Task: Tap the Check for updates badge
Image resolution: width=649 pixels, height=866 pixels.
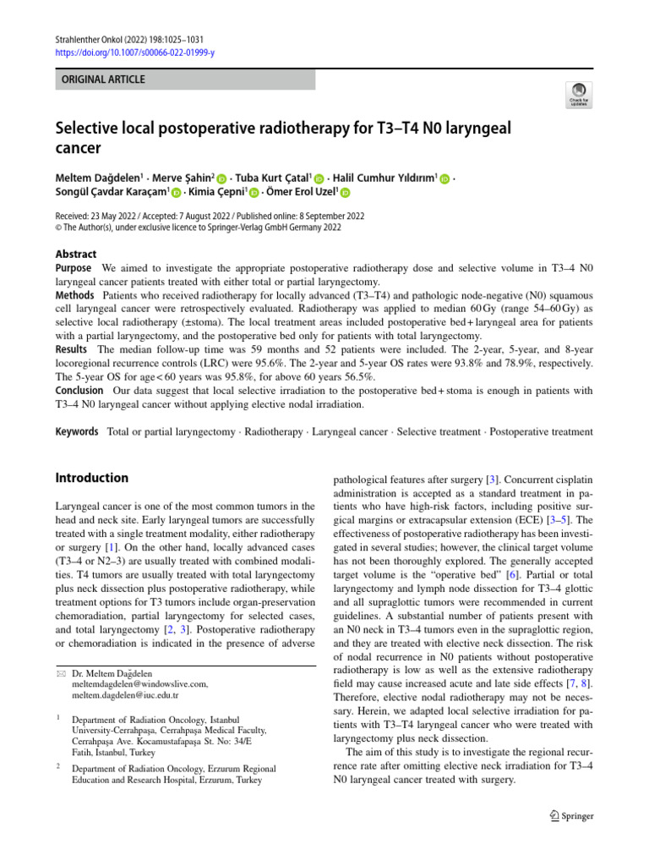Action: pos(578,96)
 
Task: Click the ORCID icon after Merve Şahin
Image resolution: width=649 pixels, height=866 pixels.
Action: pos(221,179)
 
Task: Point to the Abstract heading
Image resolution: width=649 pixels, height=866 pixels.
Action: pos(76,254)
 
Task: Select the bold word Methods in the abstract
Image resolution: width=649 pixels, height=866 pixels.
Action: pos(75,296)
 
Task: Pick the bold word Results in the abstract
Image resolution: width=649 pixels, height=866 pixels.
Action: pos(72,348)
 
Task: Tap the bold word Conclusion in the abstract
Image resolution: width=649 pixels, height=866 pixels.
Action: pos(79,390)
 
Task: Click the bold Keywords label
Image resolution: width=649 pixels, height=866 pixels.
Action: pos(77,431)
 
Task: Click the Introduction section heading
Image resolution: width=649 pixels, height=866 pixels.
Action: pos(92,478)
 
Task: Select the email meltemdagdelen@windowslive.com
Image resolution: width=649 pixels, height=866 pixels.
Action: pos(139,683)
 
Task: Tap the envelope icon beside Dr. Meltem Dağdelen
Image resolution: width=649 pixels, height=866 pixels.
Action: pos(59,672)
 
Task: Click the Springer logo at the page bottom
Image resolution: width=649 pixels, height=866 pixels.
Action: pos(571,816)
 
